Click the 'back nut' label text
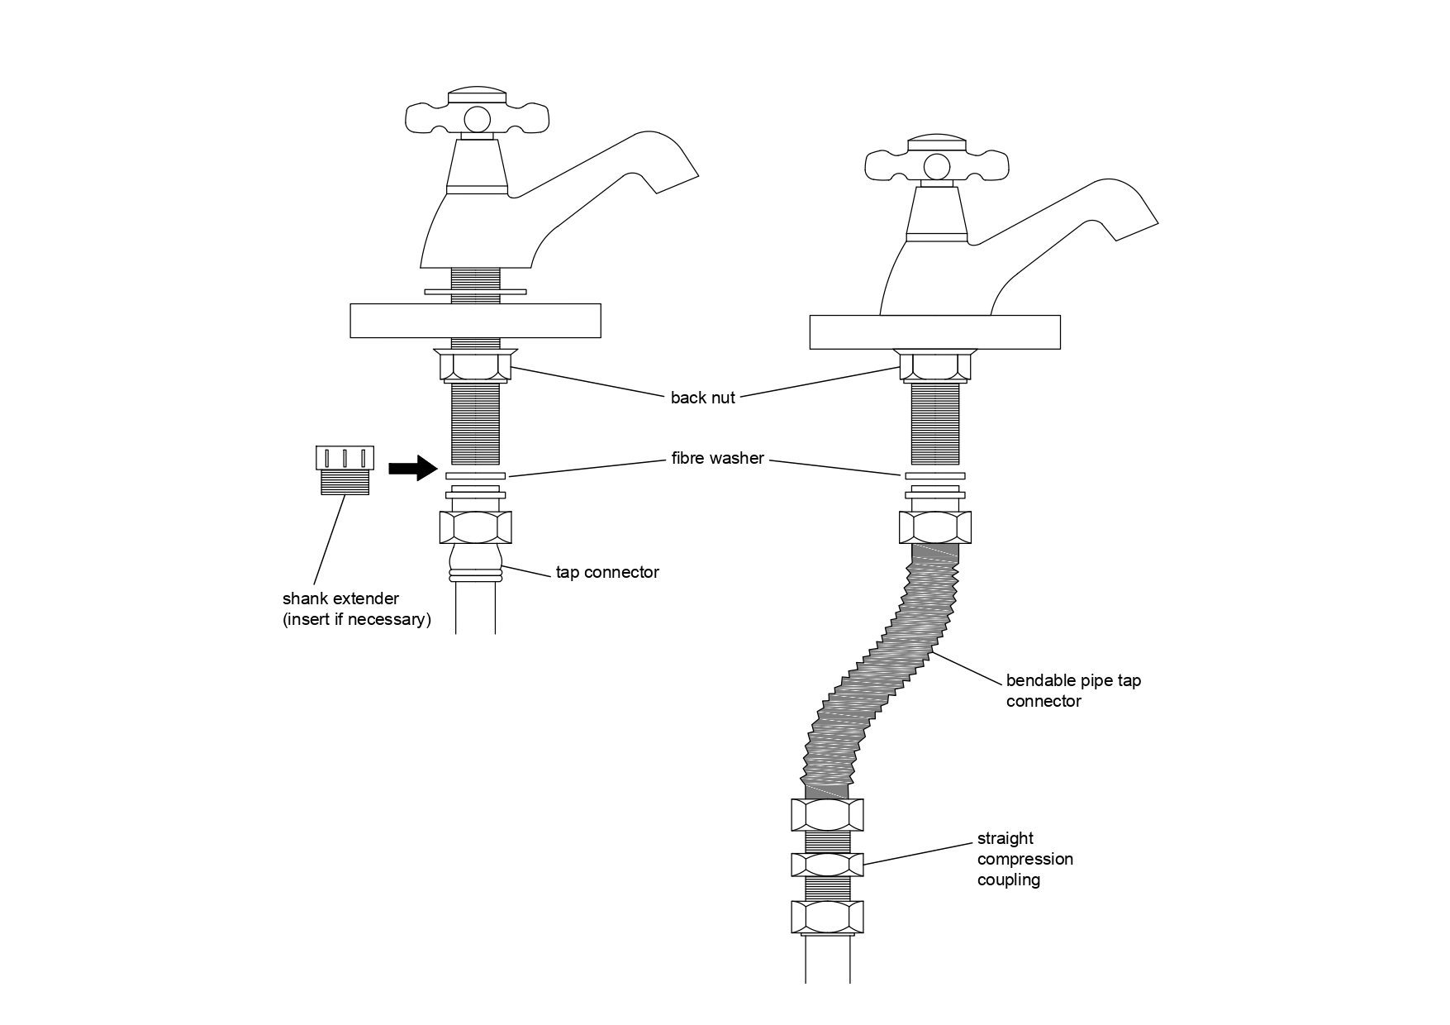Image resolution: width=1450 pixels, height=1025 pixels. coord(702,398)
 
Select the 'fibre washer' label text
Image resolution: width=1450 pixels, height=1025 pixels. coord(717,458)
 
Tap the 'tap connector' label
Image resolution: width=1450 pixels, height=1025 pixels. coord(606,572)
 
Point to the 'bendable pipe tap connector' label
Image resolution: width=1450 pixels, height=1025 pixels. coord(1072,691)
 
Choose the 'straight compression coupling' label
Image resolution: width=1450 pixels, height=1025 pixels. coord(1025,859)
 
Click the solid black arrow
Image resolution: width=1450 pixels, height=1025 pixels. coord(412,468)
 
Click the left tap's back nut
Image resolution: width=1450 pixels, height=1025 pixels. coord(475,365)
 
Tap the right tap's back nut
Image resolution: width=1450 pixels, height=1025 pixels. coord(934,366)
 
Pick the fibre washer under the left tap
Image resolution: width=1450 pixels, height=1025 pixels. coord(475,476)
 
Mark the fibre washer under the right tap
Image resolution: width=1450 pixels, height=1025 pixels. coord(934,476)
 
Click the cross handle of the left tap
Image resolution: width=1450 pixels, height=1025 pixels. coord(475,116)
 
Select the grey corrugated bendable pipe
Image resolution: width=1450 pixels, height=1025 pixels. coord(876,670)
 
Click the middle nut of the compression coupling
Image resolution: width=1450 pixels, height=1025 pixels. coord(827,865)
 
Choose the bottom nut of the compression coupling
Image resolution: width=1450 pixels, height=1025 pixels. coord(827,918)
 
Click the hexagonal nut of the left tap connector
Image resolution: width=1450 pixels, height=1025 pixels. coord(475,527)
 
